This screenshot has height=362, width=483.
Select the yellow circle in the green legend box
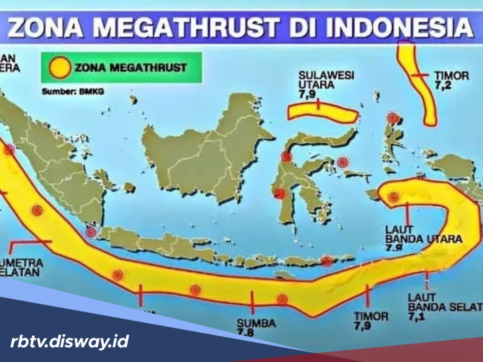tap(60, 67)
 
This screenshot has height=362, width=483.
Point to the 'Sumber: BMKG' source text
tap(73, 91)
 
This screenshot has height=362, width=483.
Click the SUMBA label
tap(256, 324)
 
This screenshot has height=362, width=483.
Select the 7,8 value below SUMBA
tap(247, 333)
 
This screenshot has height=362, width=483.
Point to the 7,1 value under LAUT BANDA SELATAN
tap(417, 317)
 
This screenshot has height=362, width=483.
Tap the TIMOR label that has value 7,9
tap(371, 316)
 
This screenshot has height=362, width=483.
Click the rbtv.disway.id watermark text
tap(69, 341)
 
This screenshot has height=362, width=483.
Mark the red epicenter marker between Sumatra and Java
tap(91, 232)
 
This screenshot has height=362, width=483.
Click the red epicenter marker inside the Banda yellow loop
tap(393, 197)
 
